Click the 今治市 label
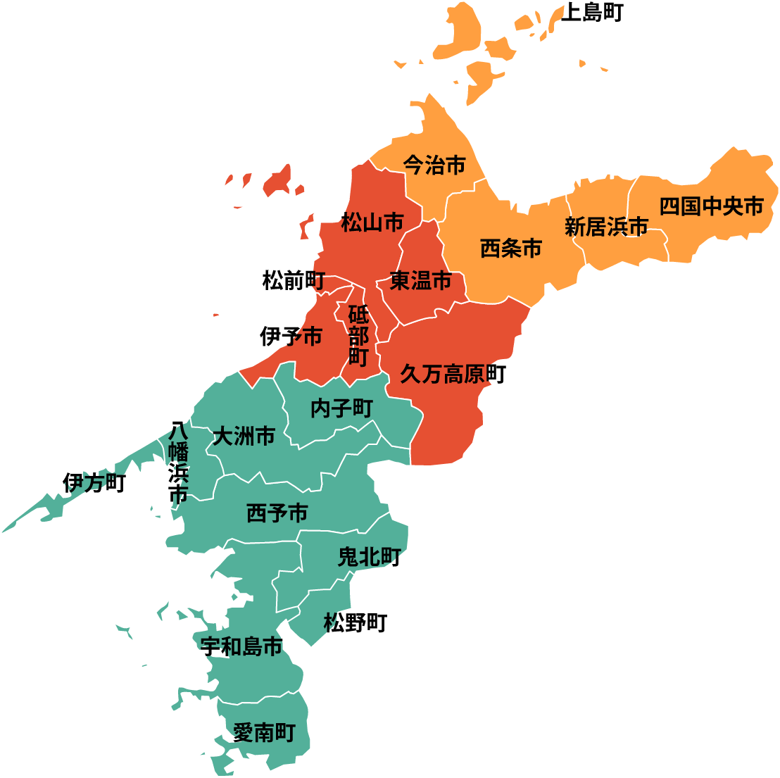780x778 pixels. pos(434,165)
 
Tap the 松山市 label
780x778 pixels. pos(372,224)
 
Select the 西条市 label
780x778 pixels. pos(511,249)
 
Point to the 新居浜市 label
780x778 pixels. pos(606,227)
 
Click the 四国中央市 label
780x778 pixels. pos(711,207)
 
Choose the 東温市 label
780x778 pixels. pos(421,281)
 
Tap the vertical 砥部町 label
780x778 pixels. pos(358,336)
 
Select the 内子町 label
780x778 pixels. pos(341,409)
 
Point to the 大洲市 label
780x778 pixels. pos(244,437)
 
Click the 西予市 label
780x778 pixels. pos(277,513)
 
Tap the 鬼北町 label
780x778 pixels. pos(370,558)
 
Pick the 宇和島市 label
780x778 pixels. pos(241,646)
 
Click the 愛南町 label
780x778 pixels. pos(263,733)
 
